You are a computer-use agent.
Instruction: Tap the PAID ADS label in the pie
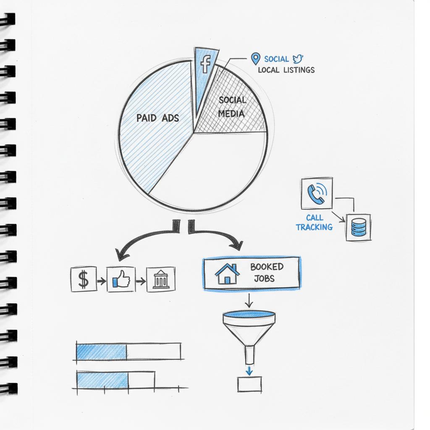click(x=157, y=118)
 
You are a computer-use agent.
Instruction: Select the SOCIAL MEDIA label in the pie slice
click(x=232, y=107)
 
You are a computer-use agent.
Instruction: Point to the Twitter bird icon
click(x=298, y=59)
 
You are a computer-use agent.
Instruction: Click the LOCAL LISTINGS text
click(x=286, y=70)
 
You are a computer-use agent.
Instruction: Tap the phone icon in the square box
click(x=317, y=193)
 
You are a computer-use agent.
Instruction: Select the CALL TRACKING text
click(x=315, y=223)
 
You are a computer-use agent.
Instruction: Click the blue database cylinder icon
click(x=358, y=227)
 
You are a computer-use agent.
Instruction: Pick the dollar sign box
click(x=84, y=279)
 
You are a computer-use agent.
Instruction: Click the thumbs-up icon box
click(x=121, y=279)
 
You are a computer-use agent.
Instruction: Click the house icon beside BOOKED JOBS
click(x=227, y=274)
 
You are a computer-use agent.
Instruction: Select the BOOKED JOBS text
click(x=267, y=273)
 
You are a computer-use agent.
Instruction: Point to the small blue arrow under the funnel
click(x=249, y=370)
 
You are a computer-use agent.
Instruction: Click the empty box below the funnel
click(x=249, y=384)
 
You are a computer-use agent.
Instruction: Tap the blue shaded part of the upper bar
click(x=101, y=351)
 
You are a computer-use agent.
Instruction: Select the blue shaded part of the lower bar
click(x=102, y=380)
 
